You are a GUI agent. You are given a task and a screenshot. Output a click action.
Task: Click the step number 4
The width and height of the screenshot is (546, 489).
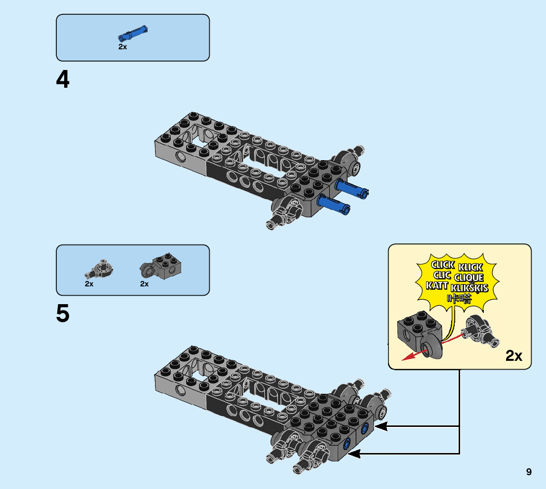coord(63,80)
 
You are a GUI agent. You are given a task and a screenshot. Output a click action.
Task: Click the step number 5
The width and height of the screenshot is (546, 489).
coord(63,314)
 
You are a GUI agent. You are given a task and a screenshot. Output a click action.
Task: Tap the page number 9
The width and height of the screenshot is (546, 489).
coord(529,472)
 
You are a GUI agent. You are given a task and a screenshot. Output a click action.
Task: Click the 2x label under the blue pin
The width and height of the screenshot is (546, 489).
coord(122,47)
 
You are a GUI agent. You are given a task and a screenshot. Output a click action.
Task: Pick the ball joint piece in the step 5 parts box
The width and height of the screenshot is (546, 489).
coord(102,268)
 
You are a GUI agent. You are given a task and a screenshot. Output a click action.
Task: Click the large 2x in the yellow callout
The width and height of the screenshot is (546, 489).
coord(513,356)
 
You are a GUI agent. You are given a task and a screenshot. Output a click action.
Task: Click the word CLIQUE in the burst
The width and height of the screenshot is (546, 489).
coord(469,278)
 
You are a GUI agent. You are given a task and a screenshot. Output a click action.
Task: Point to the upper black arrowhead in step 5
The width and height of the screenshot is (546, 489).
coord(381,427)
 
